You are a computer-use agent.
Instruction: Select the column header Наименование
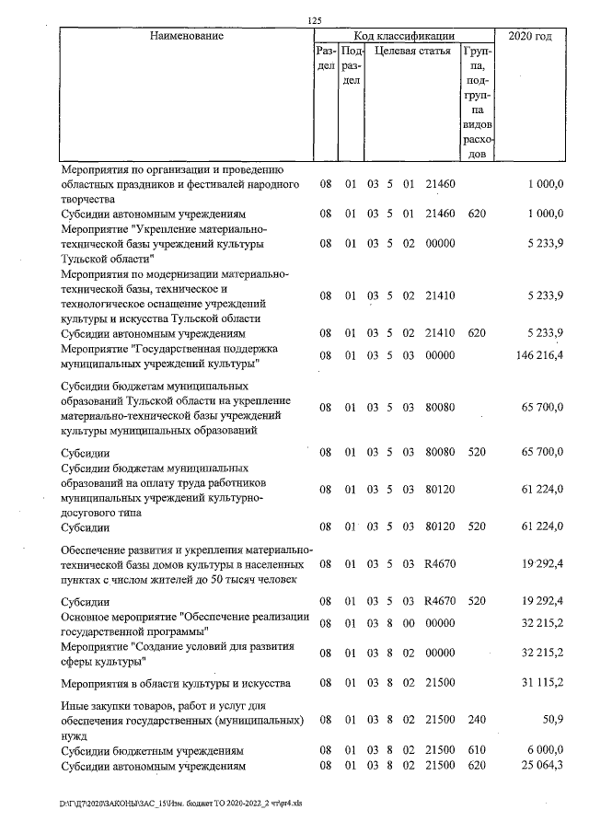[187, 36]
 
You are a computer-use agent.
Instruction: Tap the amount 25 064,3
[543, 766]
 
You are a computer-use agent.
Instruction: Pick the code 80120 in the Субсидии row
[441, 527]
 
